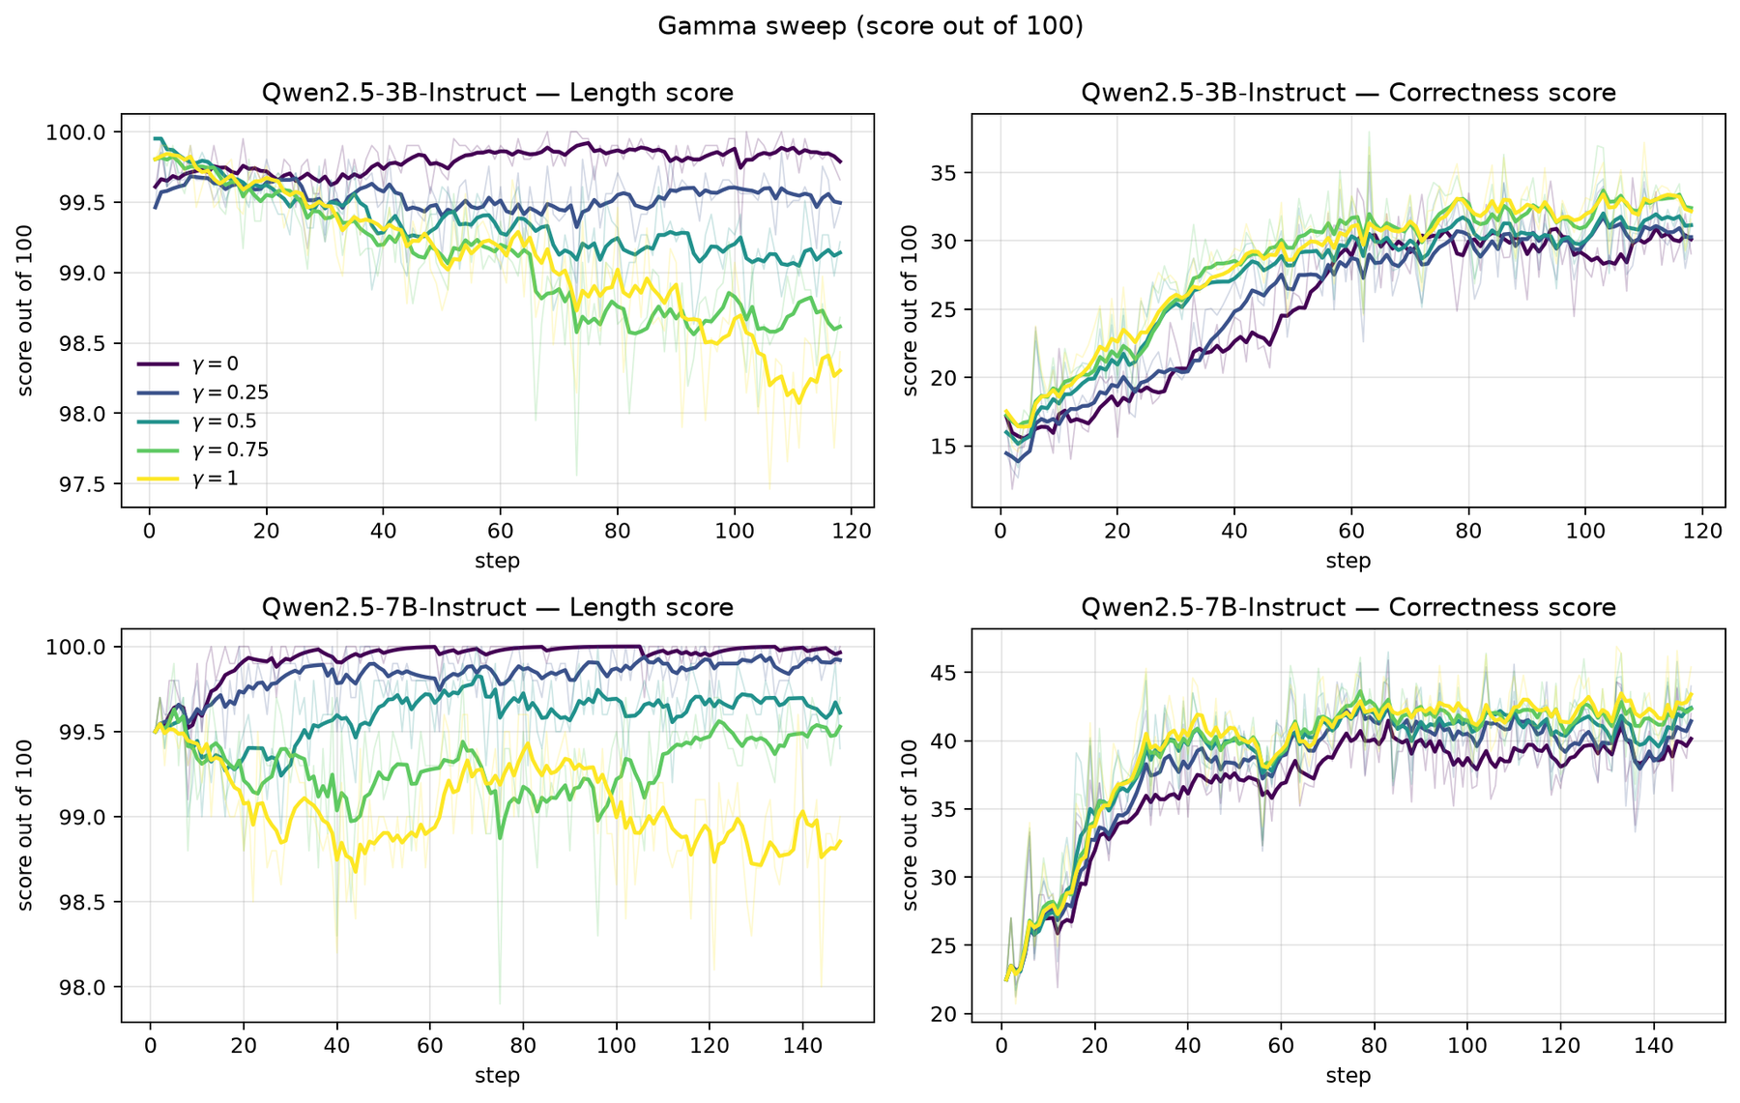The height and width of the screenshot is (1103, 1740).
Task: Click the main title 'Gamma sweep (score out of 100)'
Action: pyautogui.click(x=870, y=26)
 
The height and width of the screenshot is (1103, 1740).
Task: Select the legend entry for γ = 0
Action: pyautogui.click(x=188, y=363)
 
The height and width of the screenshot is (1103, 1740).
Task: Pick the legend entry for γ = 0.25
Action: pyautogui.click(x=203, y=392)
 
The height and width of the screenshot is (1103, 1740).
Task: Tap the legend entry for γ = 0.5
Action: pyautogui.click(x=196, y=421)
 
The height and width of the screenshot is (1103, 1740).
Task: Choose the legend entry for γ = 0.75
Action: pyautogui.click(x=203, y=450)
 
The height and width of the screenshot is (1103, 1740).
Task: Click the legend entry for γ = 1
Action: pyautogui.click(x=188, y=479)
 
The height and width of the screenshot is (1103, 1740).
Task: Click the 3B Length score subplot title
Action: pyautogui.click(x=498, y=93)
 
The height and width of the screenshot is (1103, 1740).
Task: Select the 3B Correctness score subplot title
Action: pyautogui.click(x=1348, y=93)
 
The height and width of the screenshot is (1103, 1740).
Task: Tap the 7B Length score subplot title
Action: pyautogui.click(x=498, y=607)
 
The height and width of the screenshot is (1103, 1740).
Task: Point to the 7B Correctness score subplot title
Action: pyautogui.click(x=1348, y=607)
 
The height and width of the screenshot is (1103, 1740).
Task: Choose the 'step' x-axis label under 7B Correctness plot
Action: pyautogui.click(x=1348, y=1074)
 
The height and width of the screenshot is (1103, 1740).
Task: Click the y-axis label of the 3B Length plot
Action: pyautogui.click(x=26, y=310)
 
